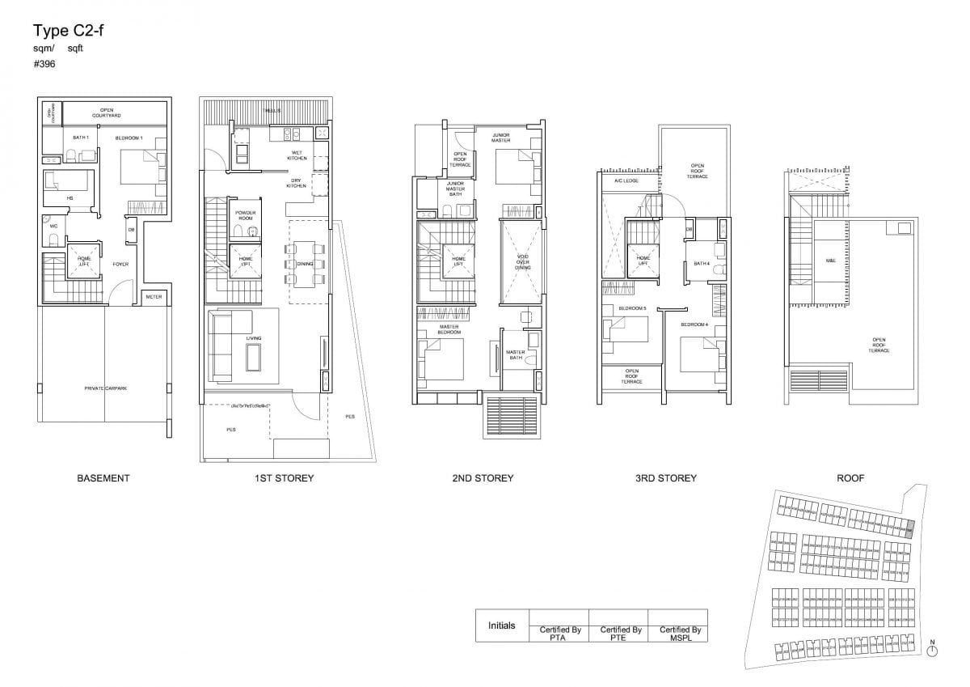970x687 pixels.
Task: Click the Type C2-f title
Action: (68, 32)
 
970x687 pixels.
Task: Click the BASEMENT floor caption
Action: (103, 478)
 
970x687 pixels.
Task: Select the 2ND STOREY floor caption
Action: (483, 478)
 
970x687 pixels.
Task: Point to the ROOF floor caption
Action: (850, 478)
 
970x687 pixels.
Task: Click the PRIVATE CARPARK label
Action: (105, 388)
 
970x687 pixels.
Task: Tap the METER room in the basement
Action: (154, 297)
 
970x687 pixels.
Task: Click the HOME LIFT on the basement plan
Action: (84, 260)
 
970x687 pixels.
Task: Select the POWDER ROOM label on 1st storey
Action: (246, 214)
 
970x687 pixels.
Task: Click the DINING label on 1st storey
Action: (305, 264)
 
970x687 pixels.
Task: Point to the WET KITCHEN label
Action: (297, 155)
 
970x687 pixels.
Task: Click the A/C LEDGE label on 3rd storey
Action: (626, 181)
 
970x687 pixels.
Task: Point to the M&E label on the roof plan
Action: (830, 260)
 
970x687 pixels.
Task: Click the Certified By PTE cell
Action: (620, 633)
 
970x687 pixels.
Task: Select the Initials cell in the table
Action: (501, 626)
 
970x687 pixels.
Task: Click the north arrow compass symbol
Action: (932, 651)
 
